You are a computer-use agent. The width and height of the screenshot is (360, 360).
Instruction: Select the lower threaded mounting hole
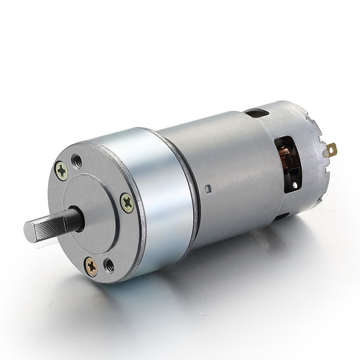[x=109, y=264]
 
